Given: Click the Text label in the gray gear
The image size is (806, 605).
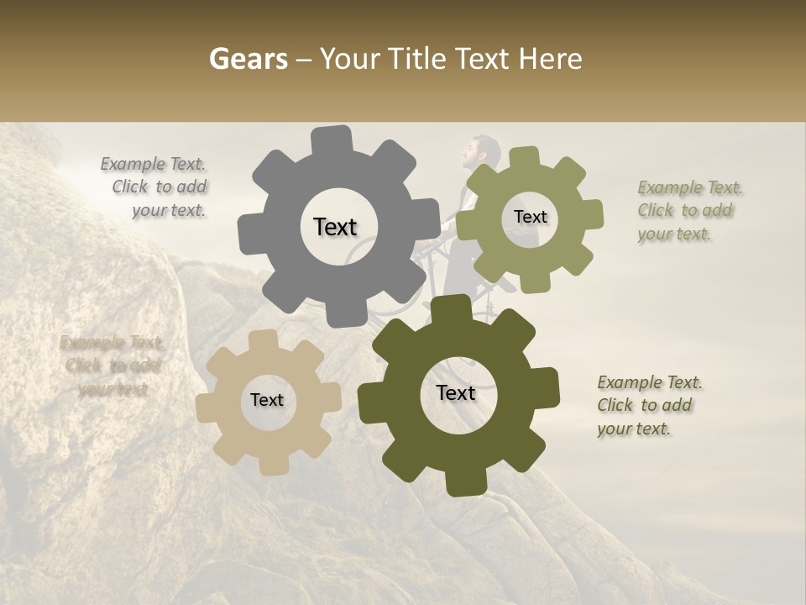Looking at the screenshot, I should (335, 227).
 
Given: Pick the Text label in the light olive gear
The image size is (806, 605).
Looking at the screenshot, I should (530, 217).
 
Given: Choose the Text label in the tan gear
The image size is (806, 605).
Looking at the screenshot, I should (267, 401).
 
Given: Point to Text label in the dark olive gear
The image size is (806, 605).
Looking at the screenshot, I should (456, 393).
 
